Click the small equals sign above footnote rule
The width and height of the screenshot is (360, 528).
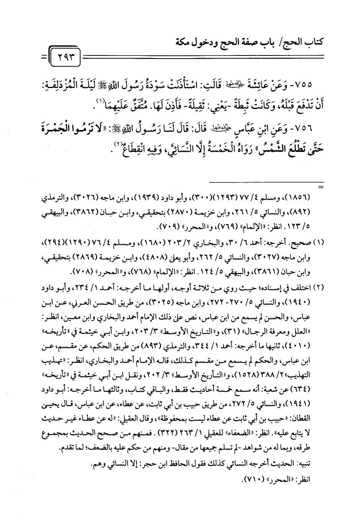(x=319, y=187)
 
